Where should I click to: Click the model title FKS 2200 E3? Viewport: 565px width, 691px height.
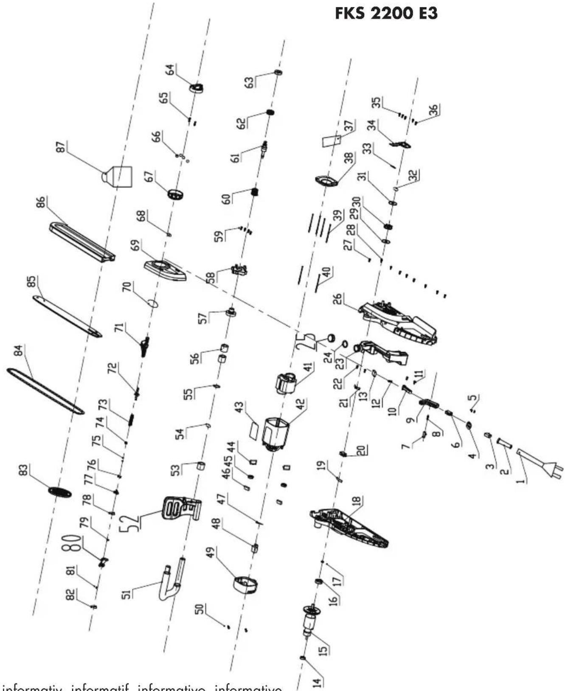click(x=386, y=14)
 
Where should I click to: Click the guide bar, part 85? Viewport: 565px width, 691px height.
click(x=67, y=317)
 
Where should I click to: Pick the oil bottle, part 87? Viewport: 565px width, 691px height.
click(x=119, y=176)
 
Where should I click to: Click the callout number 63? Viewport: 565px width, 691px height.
click(x=250, y=81)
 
